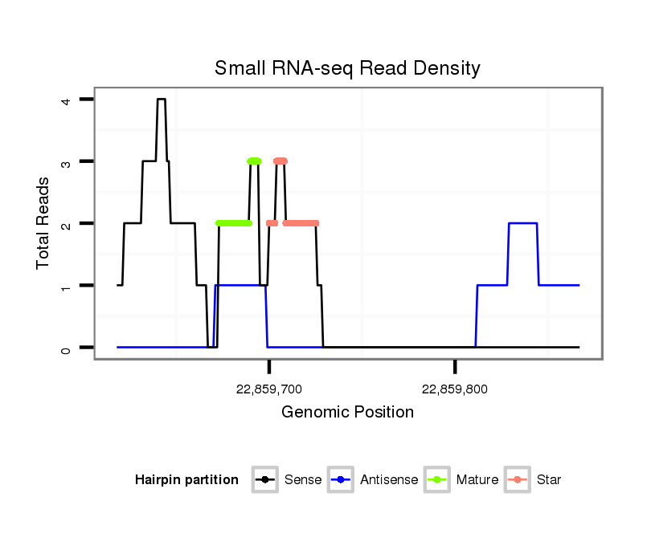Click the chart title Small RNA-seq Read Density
coord(347,68)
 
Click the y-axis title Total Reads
coord(43,223)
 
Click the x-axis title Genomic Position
coord(347,413)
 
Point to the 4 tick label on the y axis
coord(66,100)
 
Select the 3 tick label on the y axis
coord(66,162)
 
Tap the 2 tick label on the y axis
coord(66,224)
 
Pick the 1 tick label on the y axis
coord(66,287)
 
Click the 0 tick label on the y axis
coord(66,348)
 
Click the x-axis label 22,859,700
coord(269,389)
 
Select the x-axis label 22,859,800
coord(455,389)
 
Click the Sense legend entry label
coord(303,480)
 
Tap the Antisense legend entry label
coord(389,480)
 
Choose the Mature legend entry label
coord(477,480)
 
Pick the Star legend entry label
coord(550,480)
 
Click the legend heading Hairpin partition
coord(186,480)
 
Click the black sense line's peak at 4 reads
coord(161,100)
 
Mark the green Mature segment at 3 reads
coord(254,161)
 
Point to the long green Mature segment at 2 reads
coord(234,223)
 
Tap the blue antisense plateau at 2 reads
coord(522,223)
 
